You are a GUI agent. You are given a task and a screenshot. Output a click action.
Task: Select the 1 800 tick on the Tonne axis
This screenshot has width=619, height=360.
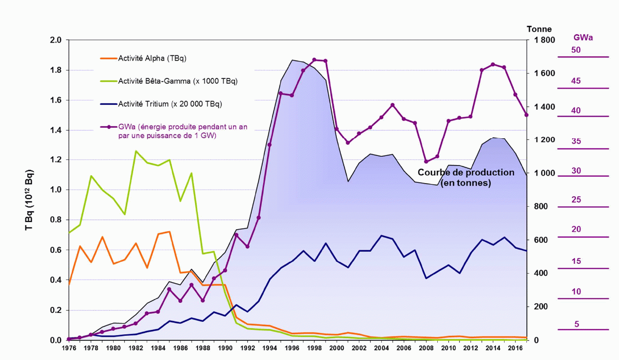point(544,40)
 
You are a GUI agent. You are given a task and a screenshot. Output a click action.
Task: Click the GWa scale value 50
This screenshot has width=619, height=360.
point(576,50)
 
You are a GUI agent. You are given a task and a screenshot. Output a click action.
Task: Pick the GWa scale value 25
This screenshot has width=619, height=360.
point(576,200)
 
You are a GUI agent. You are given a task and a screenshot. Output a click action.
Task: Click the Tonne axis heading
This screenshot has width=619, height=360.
point(539,29)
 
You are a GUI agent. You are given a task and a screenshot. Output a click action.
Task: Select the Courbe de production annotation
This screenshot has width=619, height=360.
point(465,178)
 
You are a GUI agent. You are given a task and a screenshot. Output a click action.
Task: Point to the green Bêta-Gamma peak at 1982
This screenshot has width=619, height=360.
point(136,151)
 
